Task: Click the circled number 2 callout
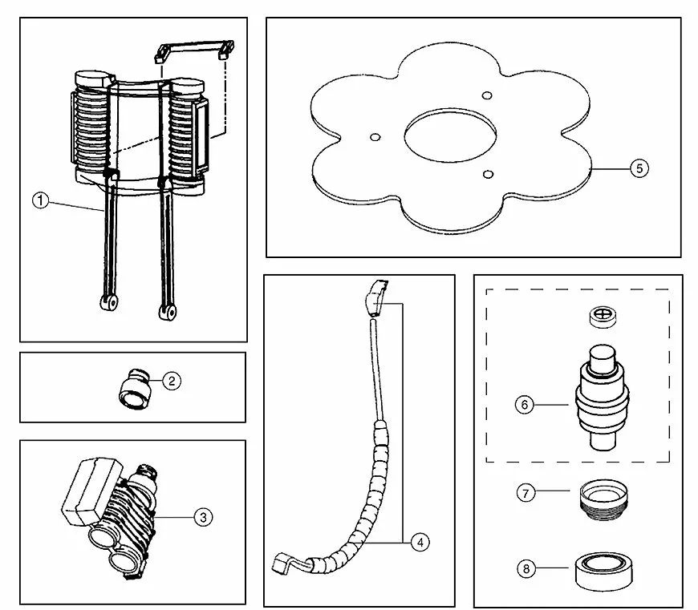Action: click(x=171, y=382)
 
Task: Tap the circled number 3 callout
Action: click(x=204, y=517)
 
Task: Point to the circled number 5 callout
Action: click(x=639, y=168)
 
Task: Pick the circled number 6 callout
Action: click(x=524, y=405)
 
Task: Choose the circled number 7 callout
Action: click(x=526, y=493)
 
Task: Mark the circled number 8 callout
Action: click(x=526, y=568)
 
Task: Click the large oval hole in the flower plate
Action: click(x=449, y=137)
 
